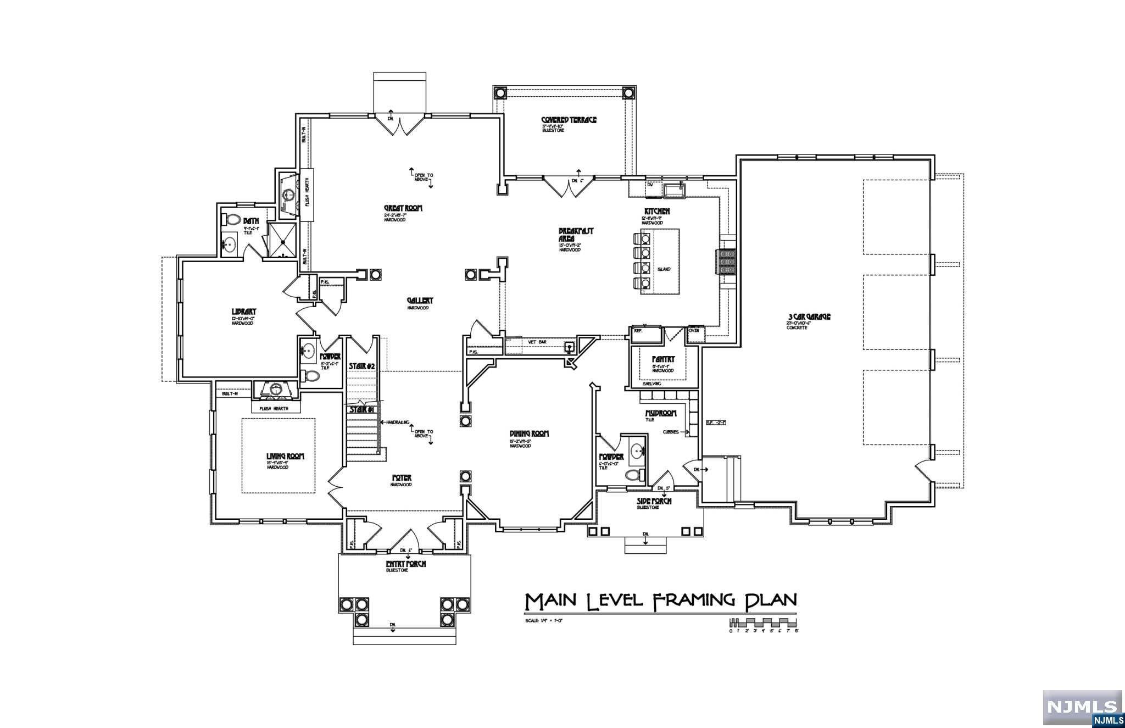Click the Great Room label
[x=403, y=208]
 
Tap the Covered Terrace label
[x=569, y=120]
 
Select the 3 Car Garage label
[x=809, y=316]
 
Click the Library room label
[x=244, y=312]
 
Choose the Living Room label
[x=285, y=456]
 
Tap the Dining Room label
[x=529, y=434]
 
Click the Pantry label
[x=663, y=359]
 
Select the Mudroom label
[x=661, y=413]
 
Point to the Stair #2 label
[x=362, y=366]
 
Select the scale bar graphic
[x=763, y=624]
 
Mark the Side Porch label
[x=654, y=501]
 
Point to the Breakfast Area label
[x=575, y=235]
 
